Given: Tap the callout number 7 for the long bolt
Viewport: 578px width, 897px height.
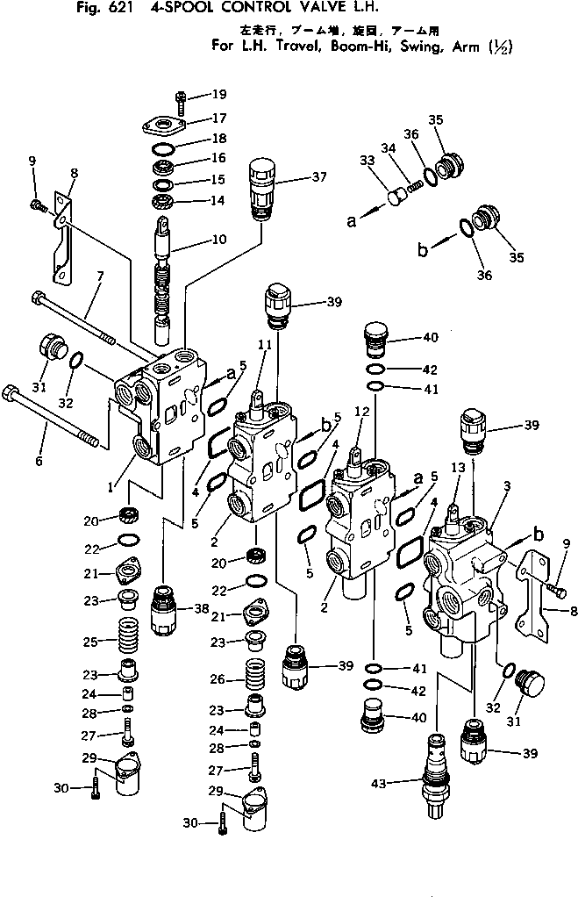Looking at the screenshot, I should pos(100,276).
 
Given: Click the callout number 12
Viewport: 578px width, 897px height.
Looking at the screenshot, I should pos(360,411).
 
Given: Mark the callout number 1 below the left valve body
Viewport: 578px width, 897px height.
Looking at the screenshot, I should pos(110,485).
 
